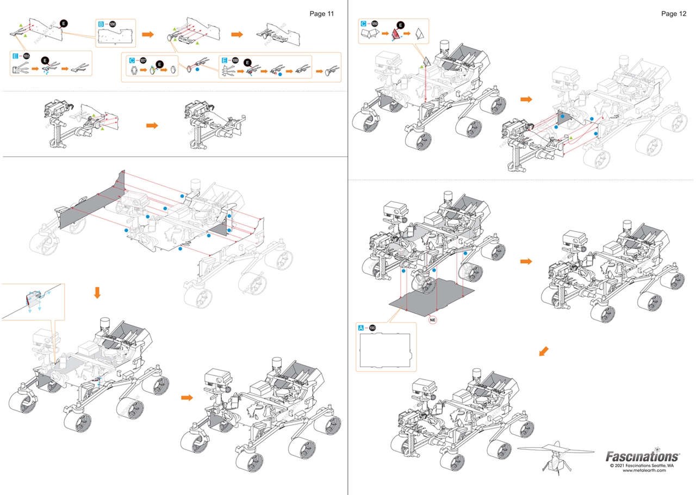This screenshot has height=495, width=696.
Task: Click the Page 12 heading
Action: tap(674, 13)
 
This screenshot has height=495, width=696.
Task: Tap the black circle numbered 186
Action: tap(113, 24)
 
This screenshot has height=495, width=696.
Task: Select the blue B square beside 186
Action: tap(101, 24)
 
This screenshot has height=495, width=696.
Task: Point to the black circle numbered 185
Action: tap(27, 56)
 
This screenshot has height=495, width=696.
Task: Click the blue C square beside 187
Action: tap(132, 59)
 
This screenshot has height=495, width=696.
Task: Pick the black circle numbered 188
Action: tap(235, 59)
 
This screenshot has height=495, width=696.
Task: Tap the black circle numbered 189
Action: tap(375, 24)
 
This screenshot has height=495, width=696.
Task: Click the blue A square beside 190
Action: tap(361, 328)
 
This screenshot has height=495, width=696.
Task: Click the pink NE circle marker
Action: tap(433, 320)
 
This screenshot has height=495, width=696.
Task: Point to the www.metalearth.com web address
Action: tap(644, 471)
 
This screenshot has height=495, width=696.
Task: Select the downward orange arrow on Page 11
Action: tap(98, 293)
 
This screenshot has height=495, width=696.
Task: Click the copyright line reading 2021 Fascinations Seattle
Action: tap(642, 466)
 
